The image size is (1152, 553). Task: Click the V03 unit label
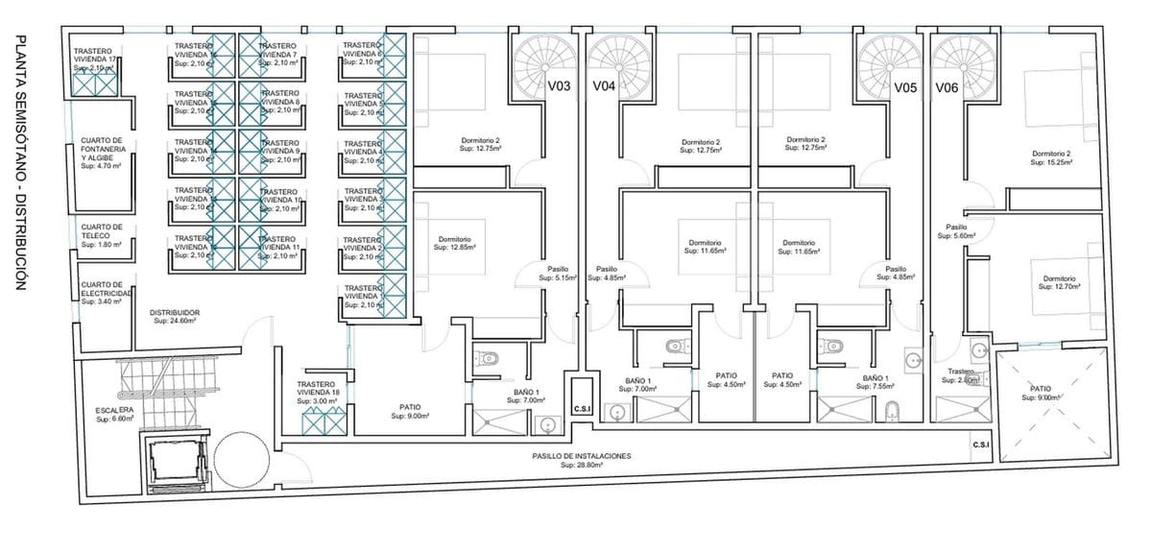point(560,87)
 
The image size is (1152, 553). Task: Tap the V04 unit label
point(604,87)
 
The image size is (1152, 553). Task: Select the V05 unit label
point(905,87)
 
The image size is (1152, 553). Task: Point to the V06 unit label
point(947,87)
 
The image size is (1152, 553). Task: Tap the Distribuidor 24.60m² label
point(175,317)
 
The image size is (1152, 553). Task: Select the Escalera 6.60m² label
point(114,415)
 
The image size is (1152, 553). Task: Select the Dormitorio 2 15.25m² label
point(1051,158)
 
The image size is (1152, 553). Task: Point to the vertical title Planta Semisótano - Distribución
point(20,163)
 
